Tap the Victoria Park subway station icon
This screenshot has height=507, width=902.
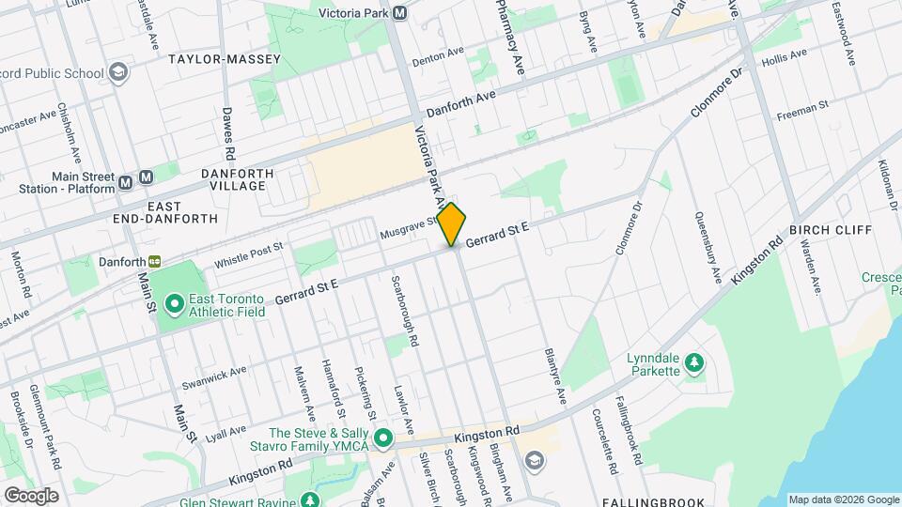tap(400, 13)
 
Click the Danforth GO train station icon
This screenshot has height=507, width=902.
tap(153, 262)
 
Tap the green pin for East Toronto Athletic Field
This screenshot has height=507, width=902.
tap(174, 303)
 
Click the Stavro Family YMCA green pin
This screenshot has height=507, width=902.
tap(383, 438)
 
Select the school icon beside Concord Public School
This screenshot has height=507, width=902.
tap(118, 72)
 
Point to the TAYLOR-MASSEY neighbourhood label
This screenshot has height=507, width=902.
tap(225, 59)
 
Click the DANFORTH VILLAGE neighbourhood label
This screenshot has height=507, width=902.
tap(237, 179)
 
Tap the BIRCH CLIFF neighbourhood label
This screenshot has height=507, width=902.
tap(831, 230)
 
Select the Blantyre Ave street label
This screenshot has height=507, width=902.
tap(555, 376)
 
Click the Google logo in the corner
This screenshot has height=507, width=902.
tap(31, 495)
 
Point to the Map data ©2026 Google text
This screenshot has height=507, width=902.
tap(843, 499)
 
